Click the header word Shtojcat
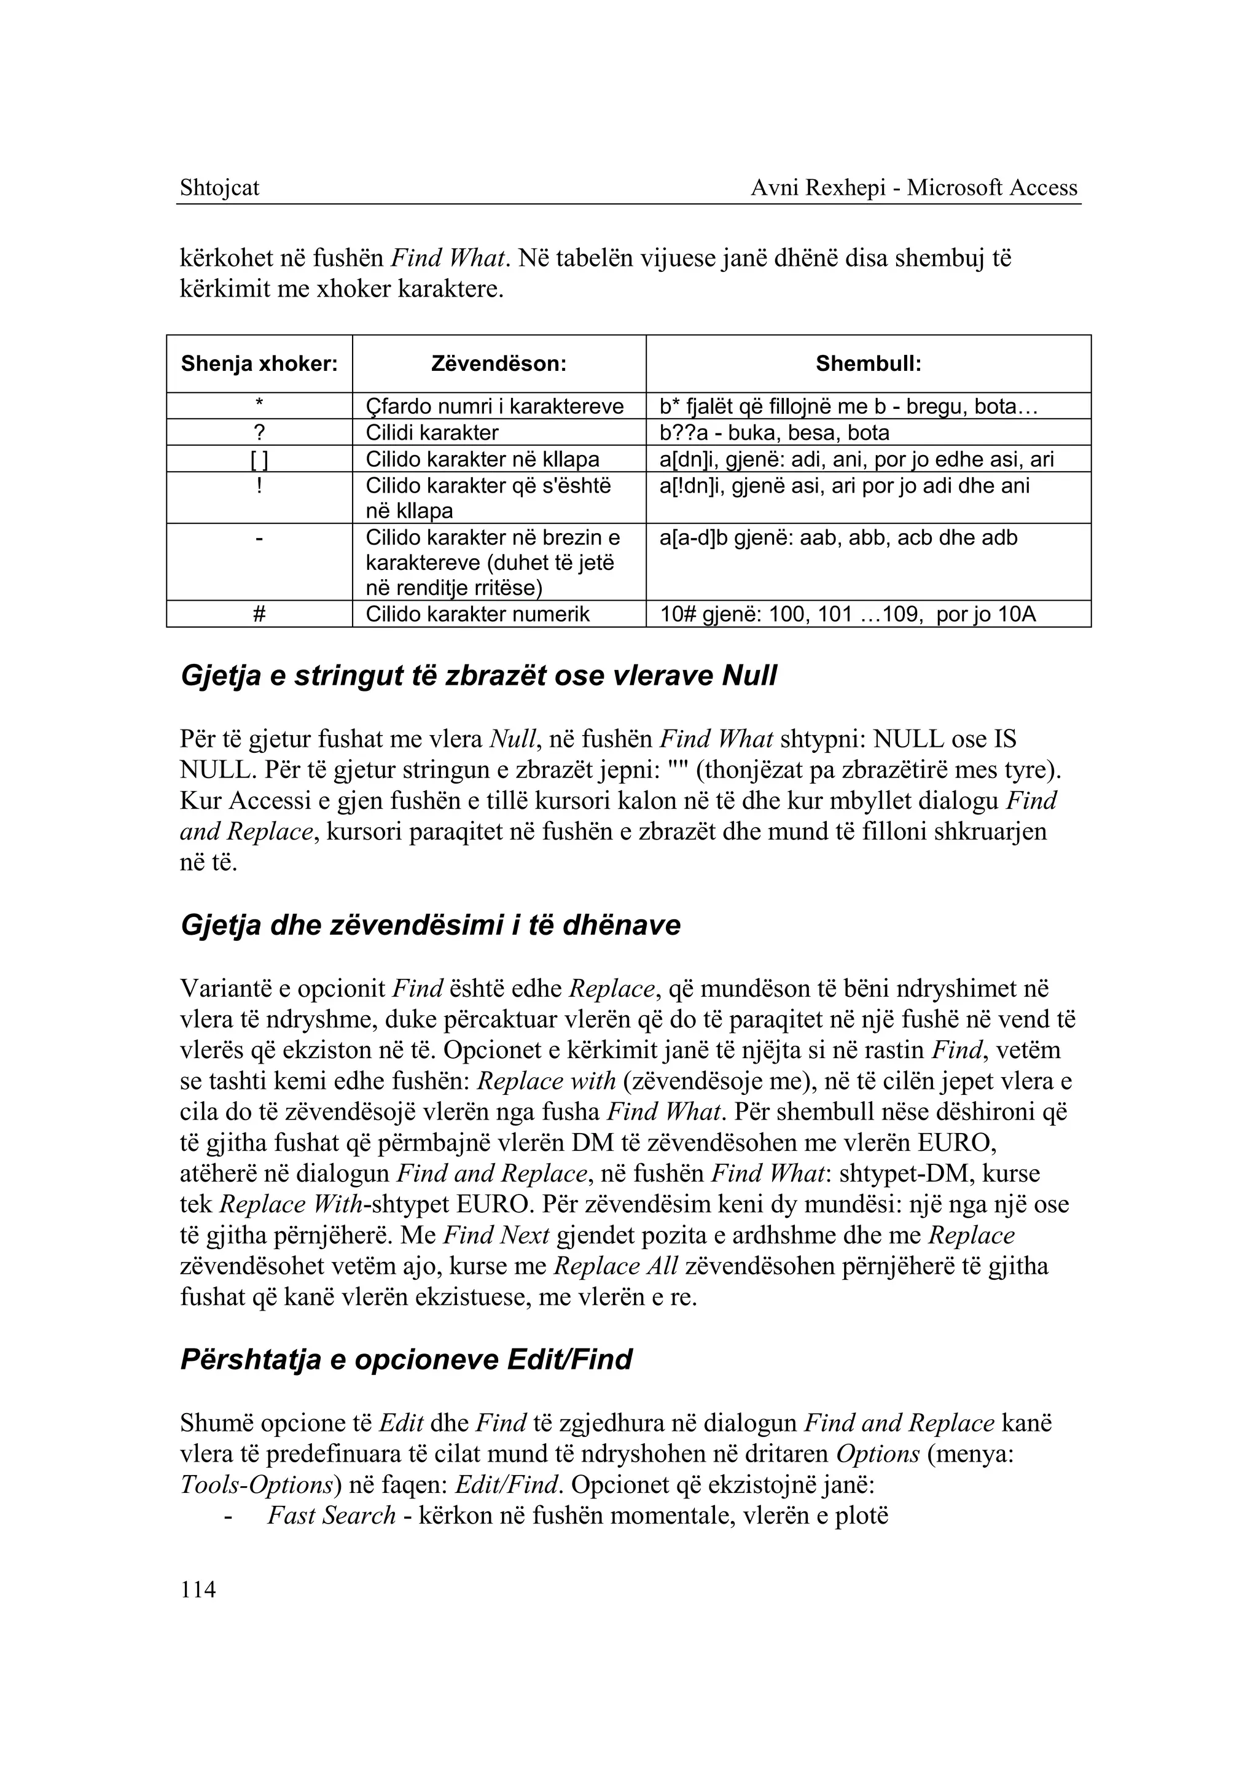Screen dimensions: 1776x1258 pyautogui.click(x=219, y=188)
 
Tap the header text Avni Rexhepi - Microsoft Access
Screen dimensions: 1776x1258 pyautogui.click(x=913, y=188)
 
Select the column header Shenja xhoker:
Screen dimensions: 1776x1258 pyautogui.click(x=259, y=364)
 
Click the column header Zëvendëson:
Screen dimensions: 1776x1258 pyautogui.click(x=499, y=364)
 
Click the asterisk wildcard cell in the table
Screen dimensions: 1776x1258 pyautogui.click(x=259, y=406)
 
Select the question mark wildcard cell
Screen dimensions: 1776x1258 pyautogui.click(x=259, y=432)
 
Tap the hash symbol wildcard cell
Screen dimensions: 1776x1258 pyautogui.click(x=259, y=614)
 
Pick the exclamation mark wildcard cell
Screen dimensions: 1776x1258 pyautogui.click(x=259, y=486)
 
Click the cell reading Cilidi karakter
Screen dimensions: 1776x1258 pyautogui.click(x=431, y=432)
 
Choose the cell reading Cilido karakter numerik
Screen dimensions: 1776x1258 pyautogui.click(x=477, y=614)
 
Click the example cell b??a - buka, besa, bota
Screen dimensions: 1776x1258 pyautogui.click(x=774, y=432)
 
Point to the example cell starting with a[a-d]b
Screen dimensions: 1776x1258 pyautogui.click(x=838, y=537)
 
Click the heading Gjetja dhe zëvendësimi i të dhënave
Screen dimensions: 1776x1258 pyautogui.click(x=430, y=925)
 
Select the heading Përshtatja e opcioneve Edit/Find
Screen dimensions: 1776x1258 pyautogui.click(x=406, y=1359)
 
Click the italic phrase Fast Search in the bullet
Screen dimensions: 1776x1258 pyautogui.click(x=332, y=1515)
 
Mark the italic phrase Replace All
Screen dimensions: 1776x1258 pyautogui.click(x=617, y=1266)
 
